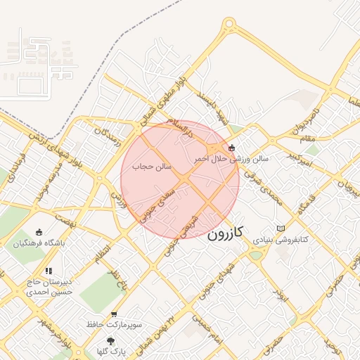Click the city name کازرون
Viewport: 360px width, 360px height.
226,233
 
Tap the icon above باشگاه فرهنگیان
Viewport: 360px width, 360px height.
38,232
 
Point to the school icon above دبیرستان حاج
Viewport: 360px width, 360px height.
48,271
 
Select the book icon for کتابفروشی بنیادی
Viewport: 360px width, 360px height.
281,229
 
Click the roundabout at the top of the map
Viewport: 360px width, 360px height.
229,27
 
